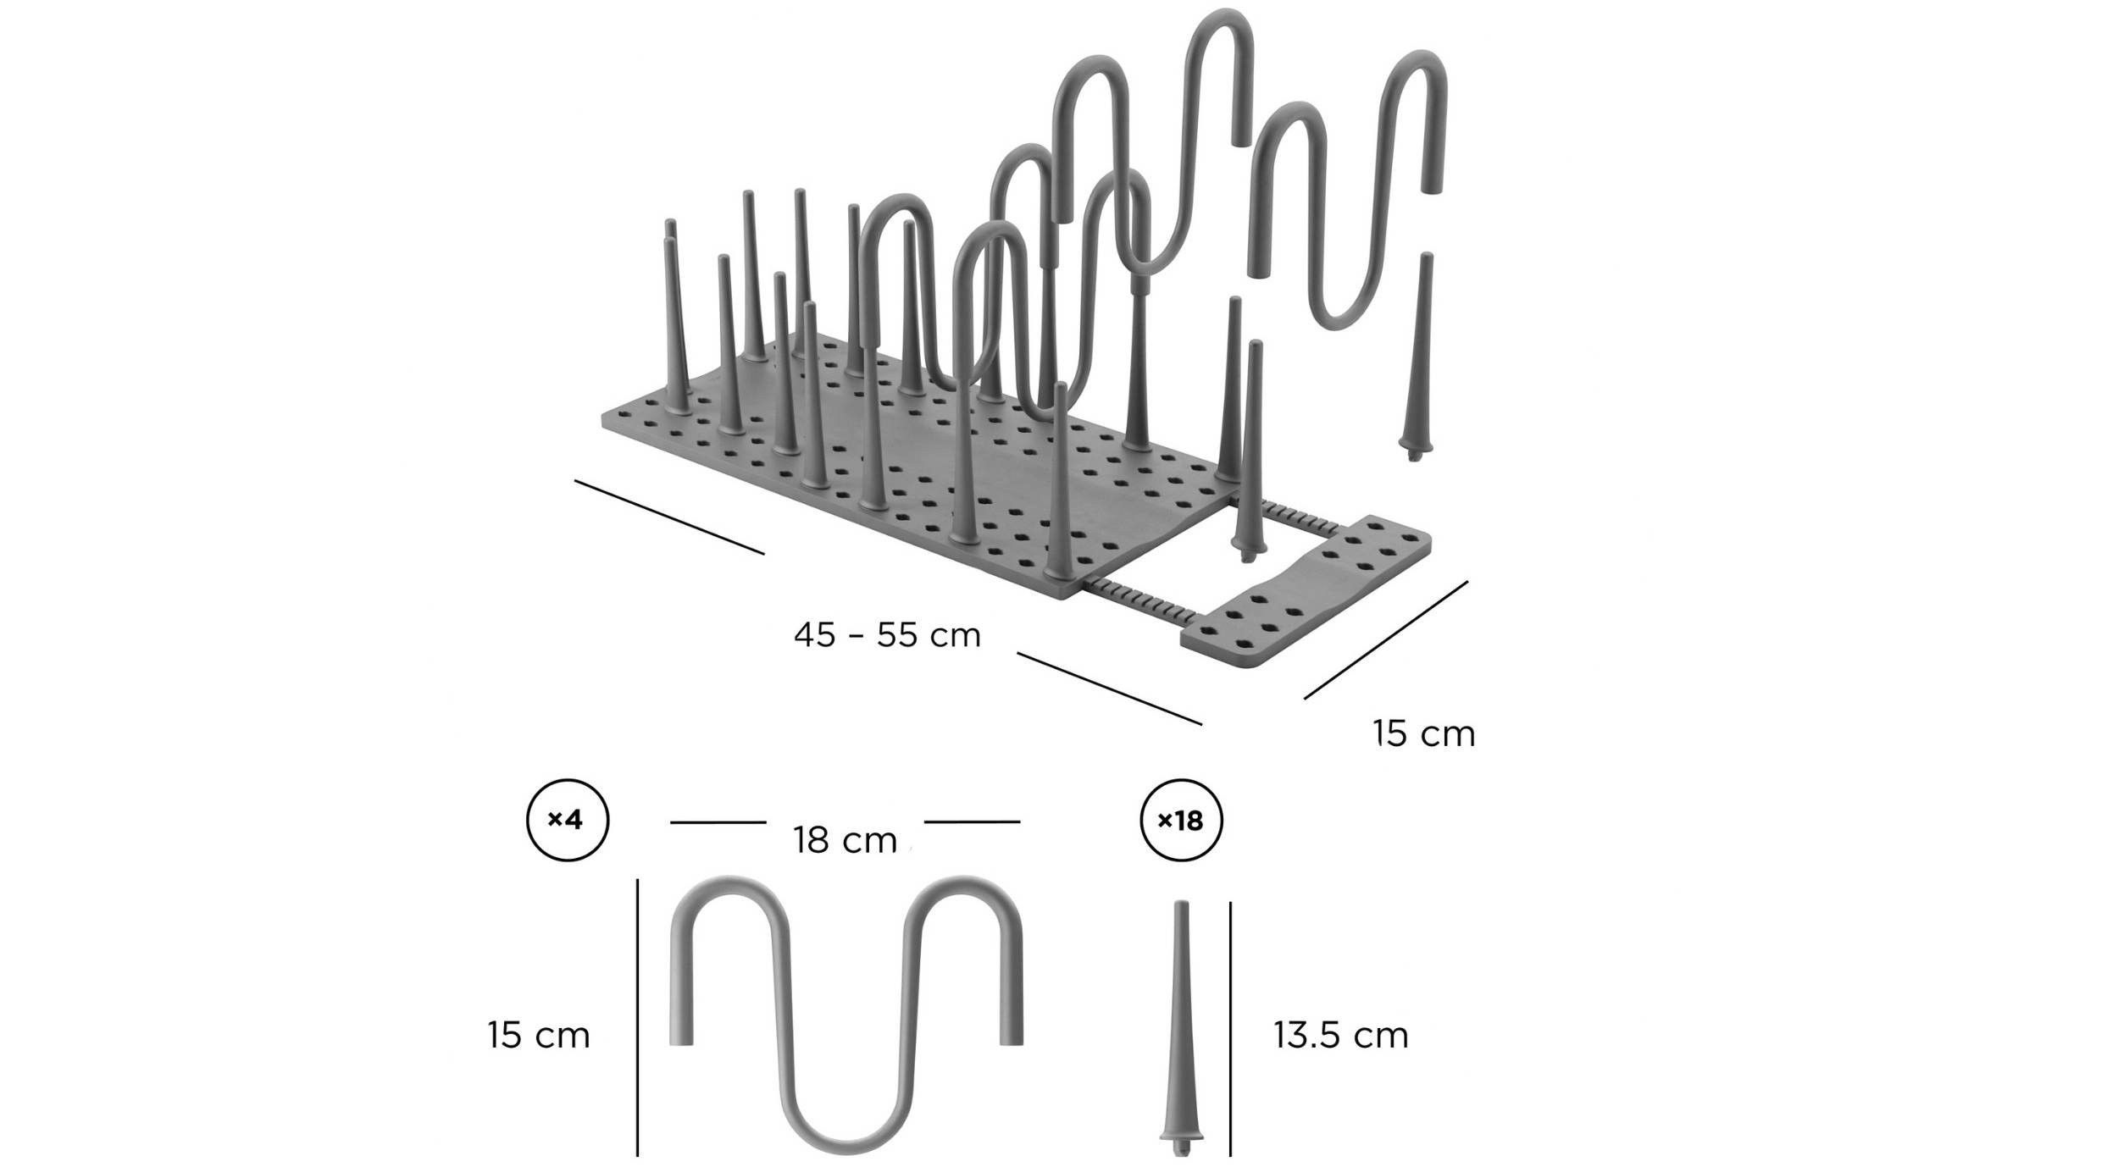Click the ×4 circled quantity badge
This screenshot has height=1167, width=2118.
point(568,821)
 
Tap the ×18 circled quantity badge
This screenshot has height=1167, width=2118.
point(1181,821)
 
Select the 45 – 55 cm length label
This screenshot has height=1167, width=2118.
point(887,635)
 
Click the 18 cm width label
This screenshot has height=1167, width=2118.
point(845,840)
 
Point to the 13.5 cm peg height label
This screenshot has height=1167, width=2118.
point(1340,1035)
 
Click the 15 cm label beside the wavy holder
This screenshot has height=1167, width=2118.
point(539,1035)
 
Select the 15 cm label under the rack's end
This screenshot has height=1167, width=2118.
point(1424,733)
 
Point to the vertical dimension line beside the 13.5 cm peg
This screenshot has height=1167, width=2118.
point(1230,1029)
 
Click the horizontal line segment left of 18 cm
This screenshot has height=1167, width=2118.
point(718,822)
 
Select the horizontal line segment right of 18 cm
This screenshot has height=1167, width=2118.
point(972,821)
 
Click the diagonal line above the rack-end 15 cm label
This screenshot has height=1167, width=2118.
point(1386,640)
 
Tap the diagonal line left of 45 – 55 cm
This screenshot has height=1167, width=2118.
point(669,517)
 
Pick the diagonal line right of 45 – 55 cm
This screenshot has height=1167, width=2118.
point(1110,689)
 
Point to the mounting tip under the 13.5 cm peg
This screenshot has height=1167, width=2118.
point(1181,1145)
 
